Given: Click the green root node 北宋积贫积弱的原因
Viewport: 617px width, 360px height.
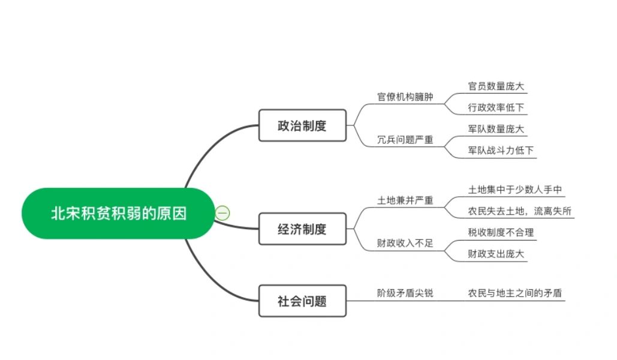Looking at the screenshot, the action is tap(118, 213).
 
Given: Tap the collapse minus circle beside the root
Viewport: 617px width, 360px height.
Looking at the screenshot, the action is tap(222, 213).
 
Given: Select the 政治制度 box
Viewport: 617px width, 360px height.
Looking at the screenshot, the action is tap(302, 125).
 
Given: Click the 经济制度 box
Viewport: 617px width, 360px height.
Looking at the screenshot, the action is tap(302, 229).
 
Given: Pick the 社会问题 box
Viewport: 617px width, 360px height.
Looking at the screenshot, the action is tap(302, 301).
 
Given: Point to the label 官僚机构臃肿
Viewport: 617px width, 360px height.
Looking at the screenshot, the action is tap(405, 97).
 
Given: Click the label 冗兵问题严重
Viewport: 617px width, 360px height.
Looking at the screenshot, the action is tap(405, 139).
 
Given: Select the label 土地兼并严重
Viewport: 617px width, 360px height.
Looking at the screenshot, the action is tap(405, 200).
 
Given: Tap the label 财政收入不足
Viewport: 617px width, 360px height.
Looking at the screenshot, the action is tap(405, 243).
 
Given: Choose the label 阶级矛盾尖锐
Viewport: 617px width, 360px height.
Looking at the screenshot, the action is tap(405, 293).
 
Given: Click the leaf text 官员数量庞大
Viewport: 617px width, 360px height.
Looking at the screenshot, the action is tap(496, 86).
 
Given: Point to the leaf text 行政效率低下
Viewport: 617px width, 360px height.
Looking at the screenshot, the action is tap(496, 107).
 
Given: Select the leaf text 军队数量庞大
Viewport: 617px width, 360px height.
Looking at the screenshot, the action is tap(496, 129).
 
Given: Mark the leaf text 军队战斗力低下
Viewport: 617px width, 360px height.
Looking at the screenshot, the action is tap(501, 150).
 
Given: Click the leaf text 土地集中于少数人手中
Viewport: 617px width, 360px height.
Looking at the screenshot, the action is tap(514, 190).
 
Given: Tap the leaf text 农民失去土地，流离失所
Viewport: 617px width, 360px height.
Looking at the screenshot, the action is tap(519, 211).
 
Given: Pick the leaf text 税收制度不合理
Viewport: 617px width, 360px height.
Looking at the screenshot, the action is tap(501, 232).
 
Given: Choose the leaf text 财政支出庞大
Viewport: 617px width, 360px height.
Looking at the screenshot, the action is tap(496, 254).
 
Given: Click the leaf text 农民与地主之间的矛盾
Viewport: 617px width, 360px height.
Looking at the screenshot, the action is tap(514, 293).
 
